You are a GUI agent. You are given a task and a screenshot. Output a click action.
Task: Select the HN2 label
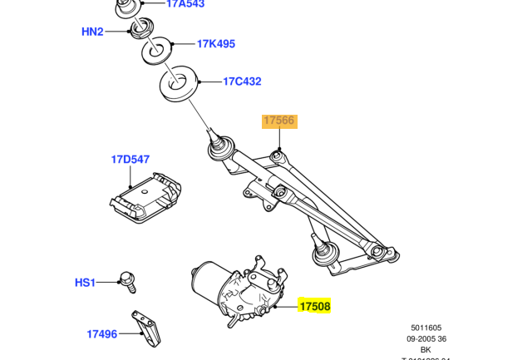[92, 32]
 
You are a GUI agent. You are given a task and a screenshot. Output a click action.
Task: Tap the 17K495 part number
[216, 44]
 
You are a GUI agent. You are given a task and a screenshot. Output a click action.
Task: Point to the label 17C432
[242, 81]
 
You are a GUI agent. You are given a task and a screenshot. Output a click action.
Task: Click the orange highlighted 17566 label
[278, 121]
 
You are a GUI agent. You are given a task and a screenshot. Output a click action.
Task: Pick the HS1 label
[86, 283]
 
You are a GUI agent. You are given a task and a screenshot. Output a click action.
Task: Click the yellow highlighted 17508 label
[315, 307]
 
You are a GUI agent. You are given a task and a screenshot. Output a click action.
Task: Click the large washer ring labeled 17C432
[176, 84]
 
